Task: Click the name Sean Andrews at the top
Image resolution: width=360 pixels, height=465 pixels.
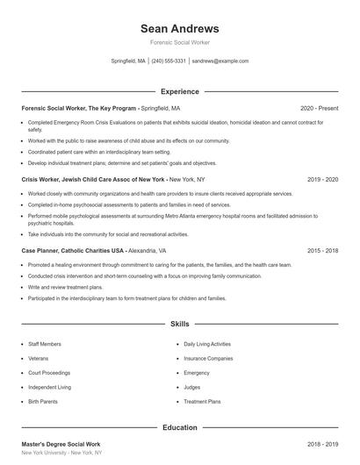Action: pos(179,28)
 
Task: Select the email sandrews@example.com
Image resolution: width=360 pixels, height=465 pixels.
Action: pos(220,61)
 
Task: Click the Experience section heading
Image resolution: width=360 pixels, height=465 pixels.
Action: pos(179,91)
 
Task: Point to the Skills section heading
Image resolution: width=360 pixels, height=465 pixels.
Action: pos(179,325)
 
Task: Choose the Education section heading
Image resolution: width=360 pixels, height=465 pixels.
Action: pos(179,427)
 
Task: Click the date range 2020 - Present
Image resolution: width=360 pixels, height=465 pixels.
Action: pos(319,108)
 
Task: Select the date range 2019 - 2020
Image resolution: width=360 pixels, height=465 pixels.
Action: pos(322,179)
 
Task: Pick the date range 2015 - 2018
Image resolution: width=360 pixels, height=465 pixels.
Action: pos(322,250)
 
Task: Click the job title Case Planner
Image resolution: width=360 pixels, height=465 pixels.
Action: pos(41,250)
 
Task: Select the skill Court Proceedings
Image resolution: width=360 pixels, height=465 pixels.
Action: pos(50,372)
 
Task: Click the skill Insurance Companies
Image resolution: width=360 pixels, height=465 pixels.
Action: pos(208,358)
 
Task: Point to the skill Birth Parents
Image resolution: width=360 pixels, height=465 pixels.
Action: pos(43,401)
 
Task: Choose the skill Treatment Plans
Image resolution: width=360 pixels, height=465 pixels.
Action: pos(202,401)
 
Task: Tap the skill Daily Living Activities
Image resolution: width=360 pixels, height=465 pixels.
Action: pos(207,344)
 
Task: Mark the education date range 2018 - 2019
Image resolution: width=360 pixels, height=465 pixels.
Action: pos(322,445)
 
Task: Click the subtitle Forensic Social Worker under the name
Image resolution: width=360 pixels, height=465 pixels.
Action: pos(179,42)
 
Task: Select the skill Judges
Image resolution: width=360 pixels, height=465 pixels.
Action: pos(192,387)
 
